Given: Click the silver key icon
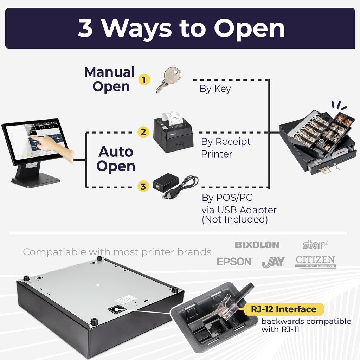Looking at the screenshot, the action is click(x=169, y=80).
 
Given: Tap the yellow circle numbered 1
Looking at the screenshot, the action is click(x=144, y=80).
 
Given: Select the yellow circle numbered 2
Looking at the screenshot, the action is click(x=143, y=132).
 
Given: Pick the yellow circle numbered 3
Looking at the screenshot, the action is click(x=143, y=186).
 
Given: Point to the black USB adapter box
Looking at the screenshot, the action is click(x=166, y=182).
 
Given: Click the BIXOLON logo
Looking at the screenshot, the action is click(x=257, y=245).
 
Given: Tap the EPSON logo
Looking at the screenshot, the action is click(x=234, y=262).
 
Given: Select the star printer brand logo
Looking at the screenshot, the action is click(x=315, y=245).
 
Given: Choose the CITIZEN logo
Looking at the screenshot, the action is click(x=315, y=262).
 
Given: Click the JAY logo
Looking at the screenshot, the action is click(x=273, y=262).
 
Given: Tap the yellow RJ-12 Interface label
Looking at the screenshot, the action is click(x=284, y=309).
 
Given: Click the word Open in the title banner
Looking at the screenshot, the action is click(x=249, y=28).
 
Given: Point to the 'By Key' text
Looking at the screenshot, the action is click(x=215, y=89).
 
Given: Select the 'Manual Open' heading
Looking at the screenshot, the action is click(x=110, y=79).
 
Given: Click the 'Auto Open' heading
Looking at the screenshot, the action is click(x=116, y=159).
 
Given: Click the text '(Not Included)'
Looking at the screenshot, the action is click(x=234, y=219).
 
